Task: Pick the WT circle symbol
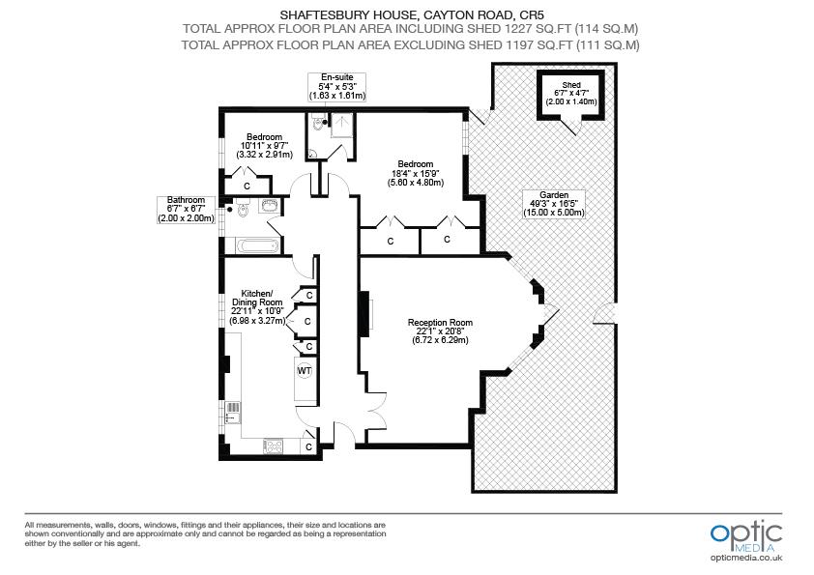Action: (305, 371)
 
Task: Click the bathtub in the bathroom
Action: (249, 244)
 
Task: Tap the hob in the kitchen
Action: (275, 446)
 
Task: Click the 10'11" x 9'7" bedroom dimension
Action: (264, 146)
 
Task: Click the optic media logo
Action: (745, 534)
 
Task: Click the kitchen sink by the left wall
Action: (232, 413)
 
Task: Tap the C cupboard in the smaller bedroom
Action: (247, 185)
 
